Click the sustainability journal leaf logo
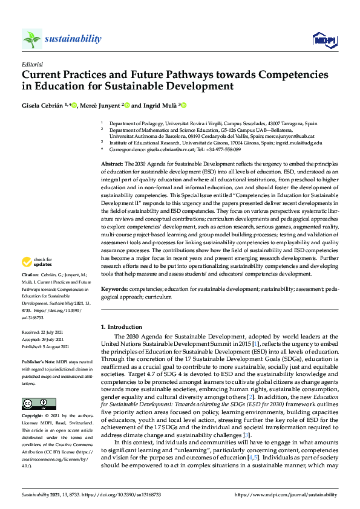[x=32, y=39]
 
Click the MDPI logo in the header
[x=324, y=40]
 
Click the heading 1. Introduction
[x=121, y=327]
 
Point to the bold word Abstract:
[x=112, y=164]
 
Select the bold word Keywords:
[x=114, y=290]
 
